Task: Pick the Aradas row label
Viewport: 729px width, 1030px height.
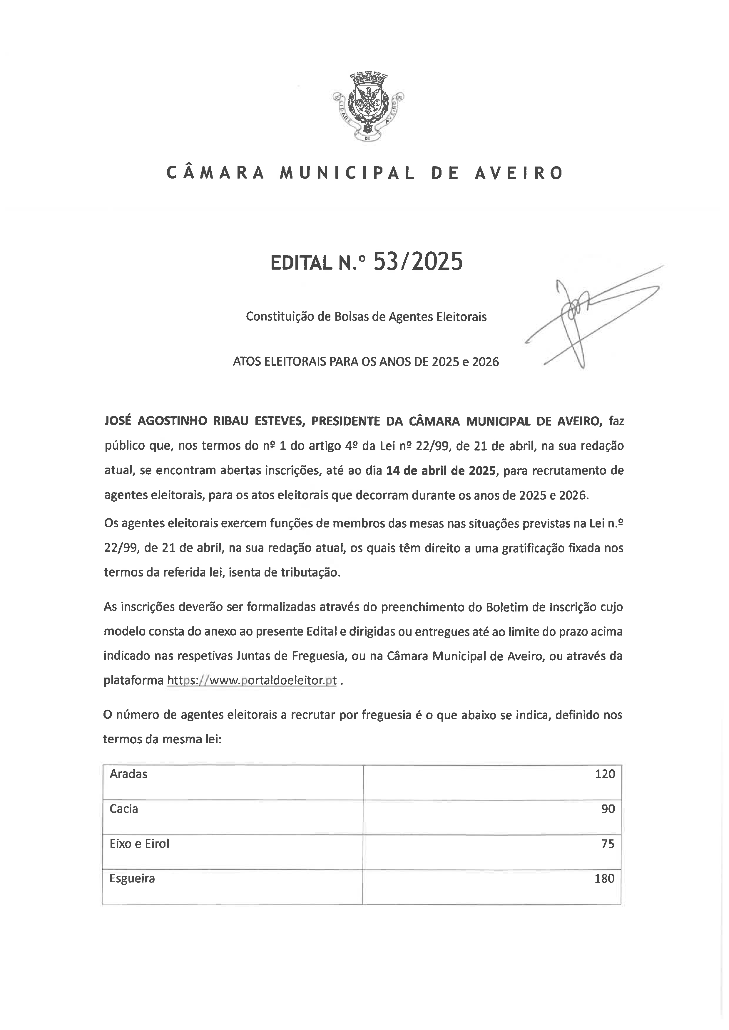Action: tap(128, 774)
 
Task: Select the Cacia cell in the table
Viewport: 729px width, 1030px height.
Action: tap(124, 809)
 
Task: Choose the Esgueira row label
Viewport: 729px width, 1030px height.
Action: tap(132, 878)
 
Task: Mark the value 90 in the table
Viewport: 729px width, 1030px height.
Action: tap(608, 809)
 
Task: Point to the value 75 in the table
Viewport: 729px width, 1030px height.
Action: tap(608, 844)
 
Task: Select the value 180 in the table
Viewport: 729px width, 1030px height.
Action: tap(604, 878)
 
